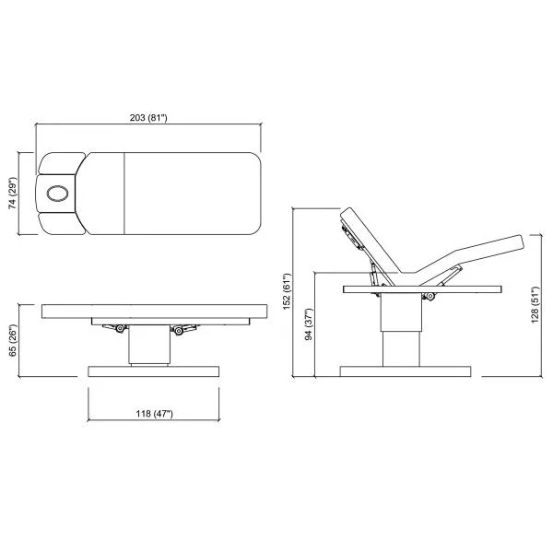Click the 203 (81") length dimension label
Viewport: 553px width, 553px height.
click(148, 117)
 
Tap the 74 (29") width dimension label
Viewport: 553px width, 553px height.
click(12, 194)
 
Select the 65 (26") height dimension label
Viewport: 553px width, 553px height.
click(12, 340)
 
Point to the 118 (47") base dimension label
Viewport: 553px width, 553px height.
click(155, 413)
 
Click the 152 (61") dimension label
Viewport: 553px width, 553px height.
click(287, 291)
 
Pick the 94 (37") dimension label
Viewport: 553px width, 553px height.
click(309, 324)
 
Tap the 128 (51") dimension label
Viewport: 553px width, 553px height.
click(535, 305)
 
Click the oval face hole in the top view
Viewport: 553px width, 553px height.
click(57, 194)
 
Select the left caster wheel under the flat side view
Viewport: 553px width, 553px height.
click(120, 329)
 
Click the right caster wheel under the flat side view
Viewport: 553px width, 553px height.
click(179, 331)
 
